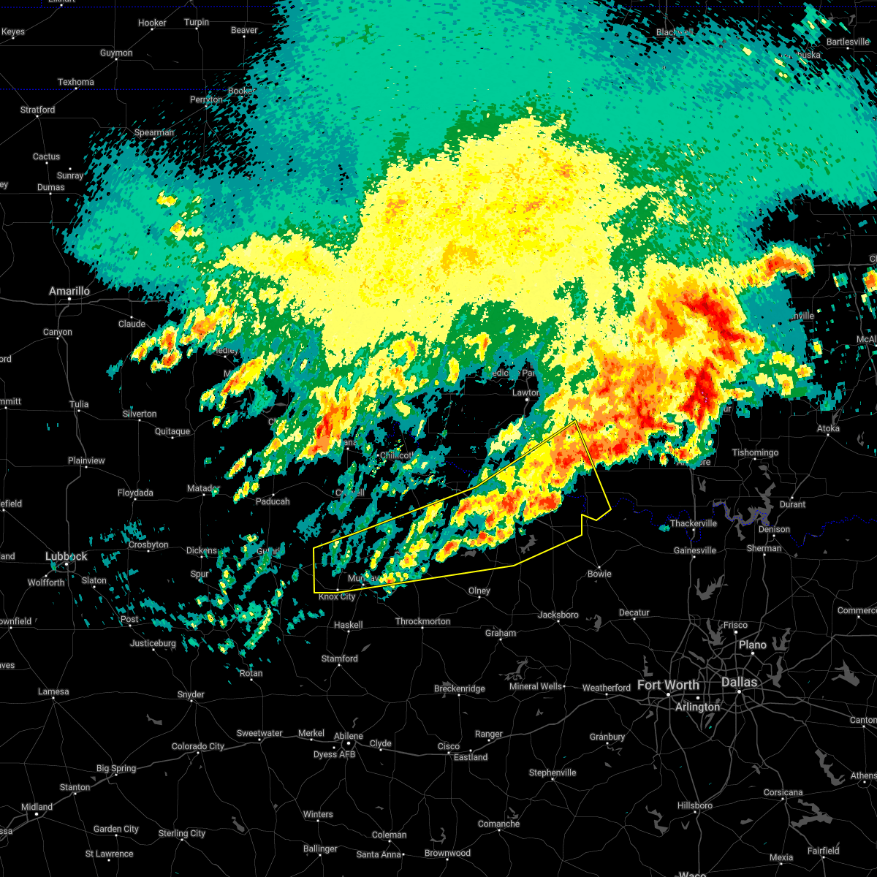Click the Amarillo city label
pos(69,292)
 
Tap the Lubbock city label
pos(67,557)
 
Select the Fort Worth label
pos(668,686)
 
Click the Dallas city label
pos(740,683)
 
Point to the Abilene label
pos(348,736)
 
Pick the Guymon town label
pos(116,53)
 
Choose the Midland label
pos(37,807)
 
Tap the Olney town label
pos(479,591)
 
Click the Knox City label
pos(337,597)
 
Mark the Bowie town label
pos(599,574)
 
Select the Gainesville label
pos(694,550)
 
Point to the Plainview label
pos(86,461)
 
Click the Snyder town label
pos(191,694)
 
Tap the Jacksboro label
pos(558,615)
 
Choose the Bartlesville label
pos(848,42)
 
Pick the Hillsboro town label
pos(694,805)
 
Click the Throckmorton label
pos(422,622)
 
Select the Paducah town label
pos(273,501)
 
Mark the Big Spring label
pos(116,768)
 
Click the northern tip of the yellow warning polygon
pos(577,422)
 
